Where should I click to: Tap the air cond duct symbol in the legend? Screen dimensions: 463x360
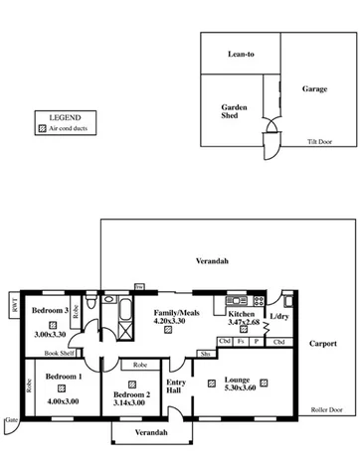tap(41, 128)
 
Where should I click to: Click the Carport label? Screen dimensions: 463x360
tap(322, 344)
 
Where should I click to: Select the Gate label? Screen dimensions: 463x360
tap(11, 419)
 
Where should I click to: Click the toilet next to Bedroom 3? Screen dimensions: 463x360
tap(90, 301)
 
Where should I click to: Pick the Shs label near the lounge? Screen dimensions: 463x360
tap(205, 353)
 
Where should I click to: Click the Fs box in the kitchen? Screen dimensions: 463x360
tap(242, 342)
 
